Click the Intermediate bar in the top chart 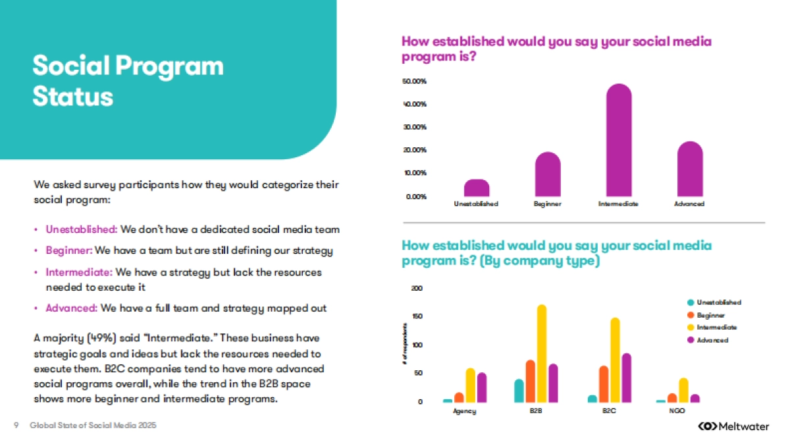point(618,141)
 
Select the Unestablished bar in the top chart point(477,188)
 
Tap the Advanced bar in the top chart point(690,170)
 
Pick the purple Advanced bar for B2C point(626,378)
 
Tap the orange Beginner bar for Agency point(459,397)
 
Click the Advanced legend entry point(712,340)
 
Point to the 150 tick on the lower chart point(417,316)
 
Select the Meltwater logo point(733,426)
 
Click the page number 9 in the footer point(15,426)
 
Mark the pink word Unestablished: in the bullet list point(81,230)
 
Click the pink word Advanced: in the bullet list point(72,308)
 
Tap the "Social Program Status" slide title point(128,81)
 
